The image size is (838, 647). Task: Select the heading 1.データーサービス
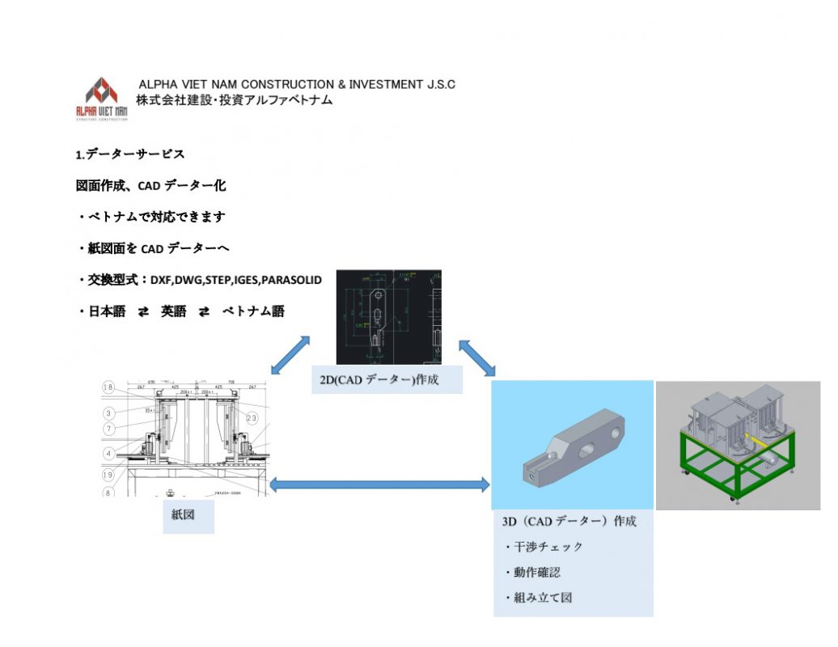click(x=130, y=154)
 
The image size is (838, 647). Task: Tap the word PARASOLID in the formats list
click(x=291, y=280)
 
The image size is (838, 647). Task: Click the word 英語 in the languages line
click(x=173, y=311)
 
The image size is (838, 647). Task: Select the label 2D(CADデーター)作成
click(x=386, y=378)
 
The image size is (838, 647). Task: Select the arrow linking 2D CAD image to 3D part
click(x=476, y=357)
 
